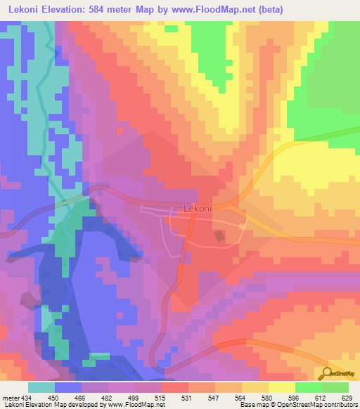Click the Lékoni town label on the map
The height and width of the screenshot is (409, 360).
tap(198, 208)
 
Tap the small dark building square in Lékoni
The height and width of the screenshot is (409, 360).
tap(220, 237)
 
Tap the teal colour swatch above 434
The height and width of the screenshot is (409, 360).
tap(41, 387)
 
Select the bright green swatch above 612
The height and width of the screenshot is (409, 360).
tap(309, 387)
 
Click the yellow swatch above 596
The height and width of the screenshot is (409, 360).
tap(282, 387)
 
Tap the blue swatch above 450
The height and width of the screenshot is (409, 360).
tap(68, 387)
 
